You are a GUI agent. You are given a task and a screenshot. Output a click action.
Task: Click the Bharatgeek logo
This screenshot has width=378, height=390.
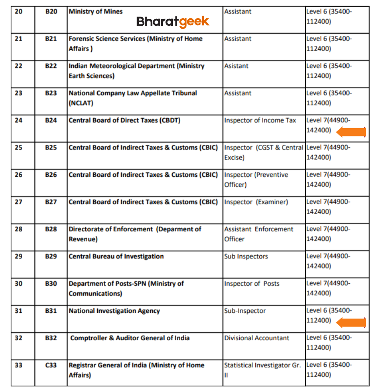tap(172, 21)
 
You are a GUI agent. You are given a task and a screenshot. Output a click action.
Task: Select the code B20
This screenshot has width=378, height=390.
tap(51, 12)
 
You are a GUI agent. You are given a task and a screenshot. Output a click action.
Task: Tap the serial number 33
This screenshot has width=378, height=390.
tap(18, 365)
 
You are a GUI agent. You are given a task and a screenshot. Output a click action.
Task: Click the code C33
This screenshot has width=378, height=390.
tap(51, 365)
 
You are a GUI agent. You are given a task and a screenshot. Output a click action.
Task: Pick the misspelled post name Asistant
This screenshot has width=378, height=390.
tap(236, 66)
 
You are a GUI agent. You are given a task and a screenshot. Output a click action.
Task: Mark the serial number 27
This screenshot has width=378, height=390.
tap(18, 202)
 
